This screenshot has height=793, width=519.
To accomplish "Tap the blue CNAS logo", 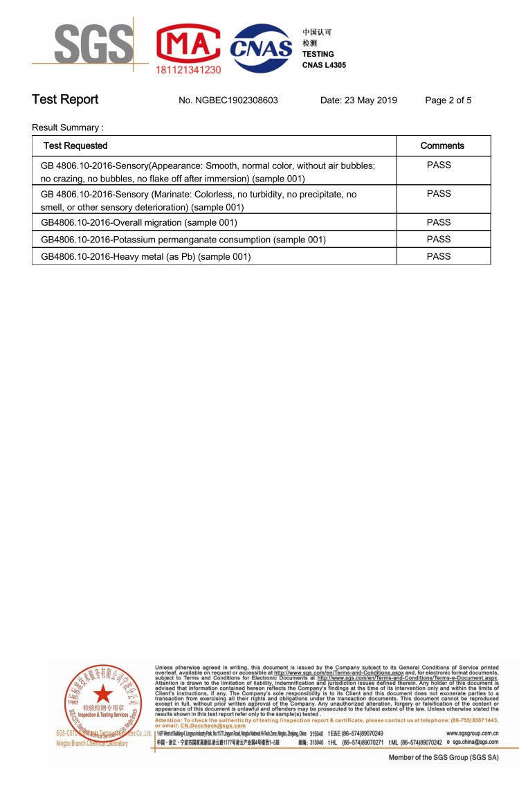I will coord(261,48).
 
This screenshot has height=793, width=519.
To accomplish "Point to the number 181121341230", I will coord(189,70).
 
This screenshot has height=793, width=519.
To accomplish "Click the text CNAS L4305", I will coord(324,65).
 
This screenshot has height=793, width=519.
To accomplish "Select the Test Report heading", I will coord(65,100).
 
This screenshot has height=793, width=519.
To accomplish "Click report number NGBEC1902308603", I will coord(228,100).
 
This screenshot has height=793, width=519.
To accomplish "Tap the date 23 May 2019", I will coord(358,100).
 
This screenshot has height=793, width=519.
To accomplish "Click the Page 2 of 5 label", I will coord(448,100).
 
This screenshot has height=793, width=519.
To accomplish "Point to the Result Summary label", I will coord(68,128).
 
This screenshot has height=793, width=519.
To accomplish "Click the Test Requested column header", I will coord(75,145).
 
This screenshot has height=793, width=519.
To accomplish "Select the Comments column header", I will coord(442,145).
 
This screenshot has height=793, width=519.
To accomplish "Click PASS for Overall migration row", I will coord(439,222).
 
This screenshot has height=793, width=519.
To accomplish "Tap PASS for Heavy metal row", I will coord(439,256).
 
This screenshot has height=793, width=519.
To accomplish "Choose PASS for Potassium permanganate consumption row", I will coord(439,239).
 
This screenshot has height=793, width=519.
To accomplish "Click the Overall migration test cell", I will coord(139,222).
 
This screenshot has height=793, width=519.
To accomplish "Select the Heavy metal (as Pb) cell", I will coord(146,256).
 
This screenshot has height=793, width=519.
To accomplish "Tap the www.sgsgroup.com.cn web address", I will coord(473,733).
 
